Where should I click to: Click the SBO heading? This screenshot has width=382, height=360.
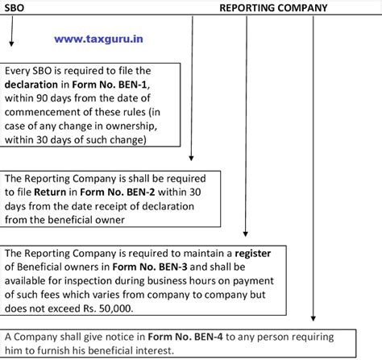pos(14,9)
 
